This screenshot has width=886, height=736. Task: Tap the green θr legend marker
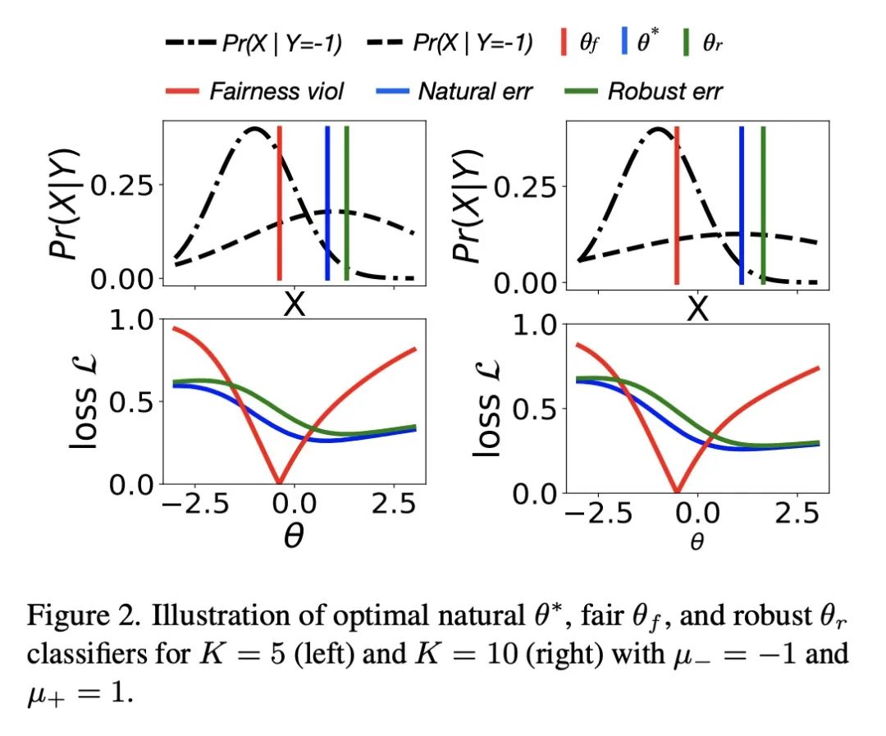coord(687,43)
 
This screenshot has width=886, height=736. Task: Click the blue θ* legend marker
coord(625,43)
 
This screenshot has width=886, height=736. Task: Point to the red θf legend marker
coord(564,43)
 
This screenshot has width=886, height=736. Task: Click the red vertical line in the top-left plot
coord(280,205)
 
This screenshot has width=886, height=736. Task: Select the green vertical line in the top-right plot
coord(762,205)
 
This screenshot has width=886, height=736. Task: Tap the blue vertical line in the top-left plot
coord(327,205)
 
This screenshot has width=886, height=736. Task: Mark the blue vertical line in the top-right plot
coord(742,205)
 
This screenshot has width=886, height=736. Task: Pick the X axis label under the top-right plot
coord(696,309)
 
